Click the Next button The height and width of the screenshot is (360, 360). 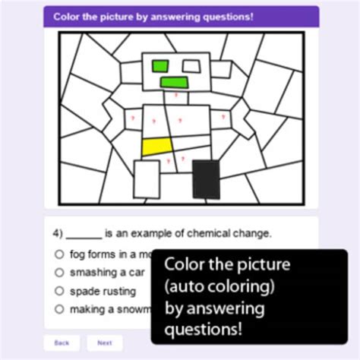point(105,343)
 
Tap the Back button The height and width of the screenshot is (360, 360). point(62,343)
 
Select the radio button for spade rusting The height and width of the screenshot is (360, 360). point(58,291)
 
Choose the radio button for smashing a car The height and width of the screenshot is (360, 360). point(58,272)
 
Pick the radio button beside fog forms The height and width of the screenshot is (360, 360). point(58,254)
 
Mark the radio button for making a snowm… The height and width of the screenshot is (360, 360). point(58,309)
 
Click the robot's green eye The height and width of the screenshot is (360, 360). point(160,66)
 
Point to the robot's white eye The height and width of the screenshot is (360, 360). point(191,66)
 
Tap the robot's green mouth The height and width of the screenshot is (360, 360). point(174,82)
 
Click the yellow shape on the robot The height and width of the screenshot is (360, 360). point(156,146)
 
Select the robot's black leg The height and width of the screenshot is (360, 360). point(205,180)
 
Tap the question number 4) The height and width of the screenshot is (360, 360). point(58,233)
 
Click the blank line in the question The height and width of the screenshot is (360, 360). point(84,235)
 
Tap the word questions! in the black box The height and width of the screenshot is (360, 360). point(204,330)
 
